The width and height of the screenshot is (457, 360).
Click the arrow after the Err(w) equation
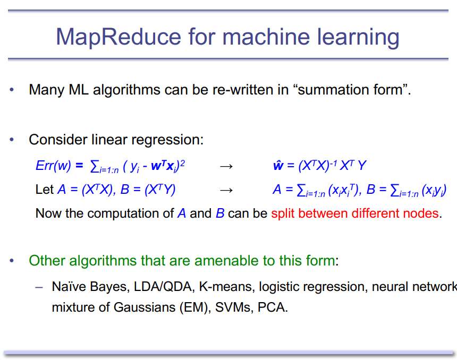(226, 166)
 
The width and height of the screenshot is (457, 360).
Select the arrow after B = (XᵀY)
(226, 190)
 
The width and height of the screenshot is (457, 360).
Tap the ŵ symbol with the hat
(278, 166)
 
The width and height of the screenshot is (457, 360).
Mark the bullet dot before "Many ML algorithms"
(11, 90)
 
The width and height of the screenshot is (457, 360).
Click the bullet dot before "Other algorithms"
(11, 261)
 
